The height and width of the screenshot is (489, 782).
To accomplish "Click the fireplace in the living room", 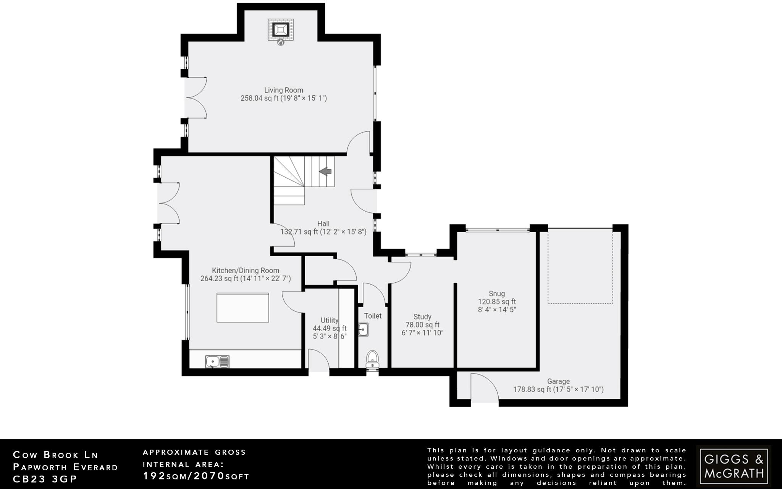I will point(281,29).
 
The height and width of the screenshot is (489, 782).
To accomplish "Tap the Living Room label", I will point(284,90).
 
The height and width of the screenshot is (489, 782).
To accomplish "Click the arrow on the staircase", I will point(325,172).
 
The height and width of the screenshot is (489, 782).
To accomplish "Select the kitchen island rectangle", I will point(243,308).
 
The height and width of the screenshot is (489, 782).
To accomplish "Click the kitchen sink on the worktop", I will point(217,361).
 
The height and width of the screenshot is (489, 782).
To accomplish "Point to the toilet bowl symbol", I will point(372,358).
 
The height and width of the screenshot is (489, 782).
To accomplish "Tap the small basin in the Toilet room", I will point(363,329).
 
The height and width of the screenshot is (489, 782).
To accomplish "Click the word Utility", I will point(329,320).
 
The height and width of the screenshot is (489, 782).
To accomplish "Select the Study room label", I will point(422,317).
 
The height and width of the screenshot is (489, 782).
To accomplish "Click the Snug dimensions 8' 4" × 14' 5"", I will point(497,309).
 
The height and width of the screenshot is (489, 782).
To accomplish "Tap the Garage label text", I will point(558,381).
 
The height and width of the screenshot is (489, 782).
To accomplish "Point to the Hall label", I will point(323,224).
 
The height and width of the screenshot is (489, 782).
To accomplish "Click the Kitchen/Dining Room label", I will point(246,270).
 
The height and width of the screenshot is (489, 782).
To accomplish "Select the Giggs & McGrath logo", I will point(733,466).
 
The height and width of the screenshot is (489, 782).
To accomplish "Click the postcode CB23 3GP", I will point(45,479).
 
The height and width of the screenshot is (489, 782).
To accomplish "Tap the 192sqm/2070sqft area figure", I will point(196,476).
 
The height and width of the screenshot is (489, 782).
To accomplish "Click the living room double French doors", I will point(195,97).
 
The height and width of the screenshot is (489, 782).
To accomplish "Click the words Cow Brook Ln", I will point(56,455).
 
